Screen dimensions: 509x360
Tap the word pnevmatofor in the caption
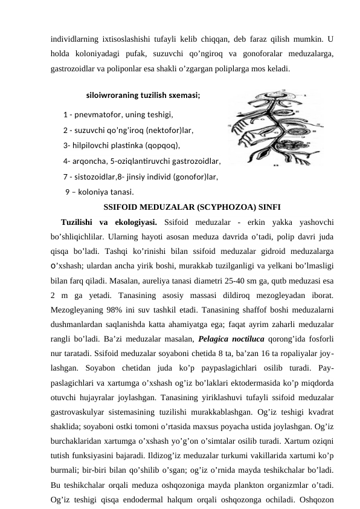point(97,114)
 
